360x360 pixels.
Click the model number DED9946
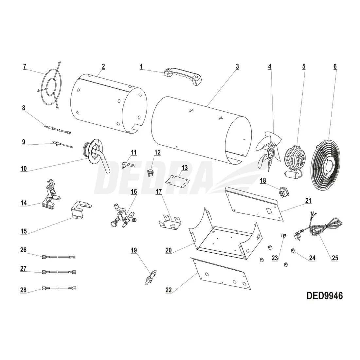(x=324, y=296)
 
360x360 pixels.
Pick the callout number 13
(x=185, y=168)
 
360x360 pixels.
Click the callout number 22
(x=169, y=290)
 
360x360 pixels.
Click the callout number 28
(x=24, y=290)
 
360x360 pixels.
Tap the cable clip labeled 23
(x=283, y=236)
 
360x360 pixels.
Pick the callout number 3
(x=237, y=66)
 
